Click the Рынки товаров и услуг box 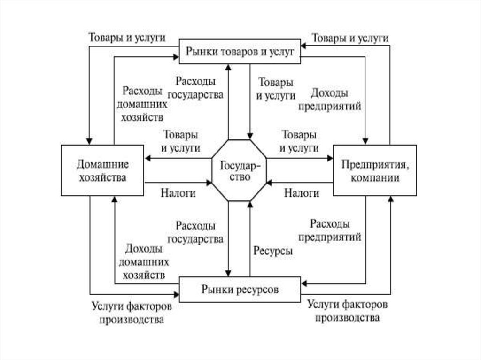tap(240, 52)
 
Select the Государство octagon tap(240, 170)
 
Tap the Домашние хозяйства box tap(102, 170)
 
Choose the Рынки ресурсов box tap(240, 290)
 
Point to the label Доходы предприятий tap(329, 99)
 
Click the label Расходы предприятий tap(329, 230)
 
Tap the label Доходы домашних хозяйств tap(143, 261)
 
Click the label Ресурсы tap(273, 251)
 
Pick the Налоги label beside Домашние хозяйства tap(178, 193)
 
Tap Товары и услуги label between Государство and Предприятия tap(299, 141)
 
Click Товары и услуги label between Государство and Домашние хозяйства tap(181, 141)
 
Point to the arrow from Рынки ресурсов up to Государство tap(250, 239)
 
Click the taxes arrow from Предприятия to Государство tap(301, 182)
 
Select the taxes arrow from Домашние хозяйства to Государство tap(178, 182)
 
